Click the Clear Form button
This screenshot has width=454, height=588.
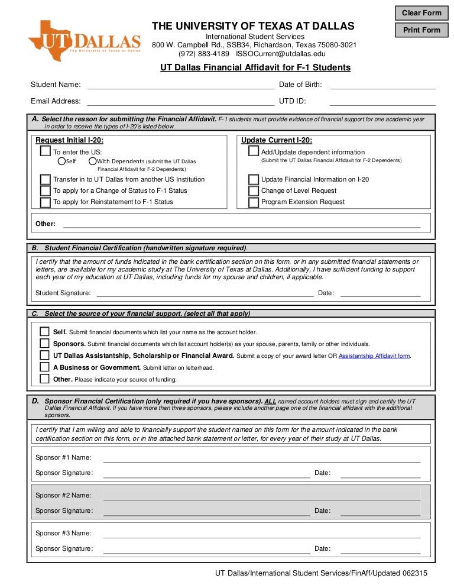(422, 12)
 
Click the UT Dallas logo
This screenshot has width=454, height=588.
(85, 40)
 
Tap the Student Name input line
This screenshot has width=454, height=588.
(180, 85)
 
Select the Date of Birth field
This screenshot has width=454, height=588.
(382, 85)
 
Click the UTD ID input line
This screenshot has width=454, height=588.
(382, 101)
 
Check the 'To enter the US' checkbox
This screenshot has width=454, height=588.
(46, 151)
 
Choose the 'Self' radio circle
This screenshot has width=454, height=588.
(61, 161)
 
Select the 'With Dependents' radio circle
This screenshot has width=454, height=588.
(93, 161)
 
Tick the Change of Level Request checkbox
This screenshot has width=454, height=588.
(254, 190)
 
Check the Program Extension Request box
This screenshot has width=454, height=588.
(254, 202)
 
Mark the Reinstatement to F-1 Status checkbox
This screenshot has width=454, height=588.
(46, 202)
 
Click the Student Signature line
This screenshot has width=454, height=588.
(205, 293)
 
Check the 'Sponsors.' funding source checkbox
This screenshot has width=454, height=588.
(44, 343)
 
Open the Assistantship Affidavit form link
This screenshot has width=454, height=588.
(374, 356)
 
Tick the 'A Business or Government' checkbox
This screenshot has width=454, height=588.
(44, 367)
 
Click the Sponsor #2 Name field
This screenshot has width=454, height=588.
(261, 495)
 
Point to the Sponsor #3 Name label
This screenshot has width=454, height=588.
(63, 533)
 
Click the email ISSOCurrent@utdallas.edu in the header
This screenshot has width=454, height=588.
(281, 53)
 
